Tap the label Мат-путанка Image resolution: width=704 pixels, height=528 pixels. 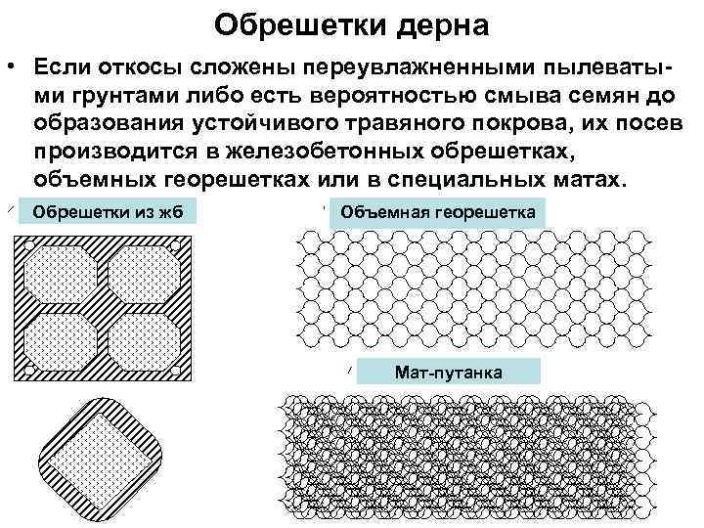[448, 373]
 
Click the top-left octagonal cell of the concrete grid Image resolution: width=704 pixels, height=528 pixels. [61, 271]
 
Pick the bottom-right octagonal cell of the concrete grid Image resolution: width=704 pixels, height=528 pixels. [145, 342]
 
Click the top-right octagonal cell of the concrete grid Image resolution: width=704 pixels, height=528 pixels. [145, 271]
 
